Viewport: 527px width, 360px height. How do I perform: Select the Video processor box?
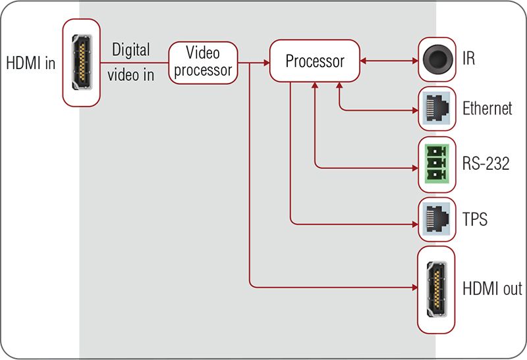pos(202,61)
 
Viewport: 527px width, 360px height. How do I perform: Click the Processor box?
pos(315,61)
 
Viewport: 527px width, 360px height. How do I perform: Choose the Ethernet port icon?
pos(437,109)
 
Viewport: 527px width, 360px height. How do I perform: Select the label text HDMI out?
pos(491,288)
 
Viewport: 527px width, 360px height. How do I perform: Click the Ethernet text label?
pos(487,109)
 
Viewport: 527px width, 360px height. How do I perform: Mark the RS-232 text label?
pos(486,163)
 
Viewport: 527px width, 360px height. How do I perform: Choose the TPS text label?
pos(475,219)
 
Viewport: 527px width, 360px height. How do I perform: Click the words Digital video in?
pos(131,62)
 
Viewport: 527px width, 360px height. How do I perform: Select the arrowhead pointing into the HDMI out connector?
pos(414,287)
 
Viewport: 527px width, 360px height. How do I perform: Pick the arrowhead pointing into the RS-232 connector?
pos(414,167)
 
